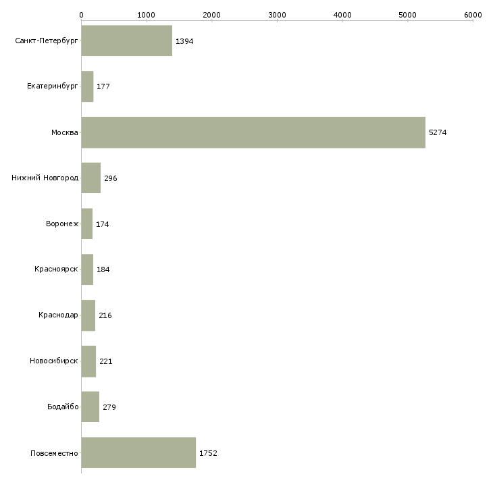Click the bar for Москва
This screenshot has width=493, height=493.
point(253,132)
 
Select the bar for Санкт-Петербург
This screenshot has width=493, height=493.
point(126,41)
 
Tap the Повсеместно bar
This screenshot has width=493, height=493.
point(138,452)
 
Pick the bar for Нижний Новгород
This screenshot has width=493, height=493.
point(90,178)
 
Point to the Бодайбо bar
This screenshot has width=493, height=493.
point(90,407)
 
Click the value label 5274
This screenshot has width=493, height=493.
point(438,132)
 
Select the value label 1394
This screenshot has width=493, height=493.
point(184,41)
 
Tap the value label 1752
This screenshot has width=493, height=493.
point(208,452)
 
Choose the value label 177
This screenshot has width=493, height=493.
point(103,87)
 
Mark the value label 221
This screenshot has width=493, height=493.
point(106,361)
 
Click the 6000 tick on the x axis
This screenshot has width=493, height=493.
point(473,14)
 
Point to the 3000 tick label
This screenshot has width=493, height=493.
point(277,14)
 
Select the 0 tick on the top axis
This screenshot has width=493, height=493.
point(81,14)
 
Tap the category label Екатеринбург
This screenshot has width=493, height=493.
point(53,87)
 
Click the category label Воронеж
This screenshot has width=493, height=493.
point(61,224)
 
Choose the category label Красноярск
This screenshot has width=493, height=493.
point(56,269)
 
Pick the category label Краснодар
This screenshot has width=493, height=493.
point(58,315)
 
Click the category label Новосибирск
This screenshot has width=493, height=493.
point(54,361)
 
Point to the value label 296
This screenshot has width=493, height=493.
point(111,178)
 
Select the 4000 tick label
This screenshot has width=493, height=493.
point(342,14)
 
